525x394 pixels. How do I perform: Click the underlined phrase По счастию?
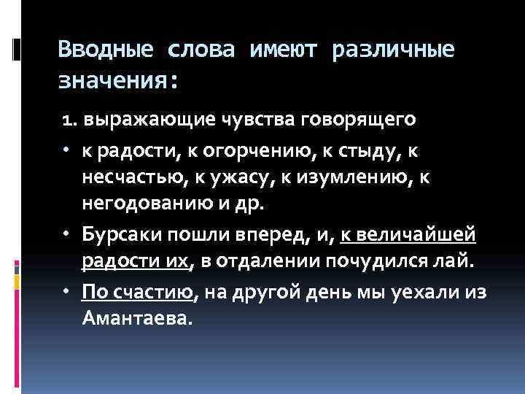point(137,293)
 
